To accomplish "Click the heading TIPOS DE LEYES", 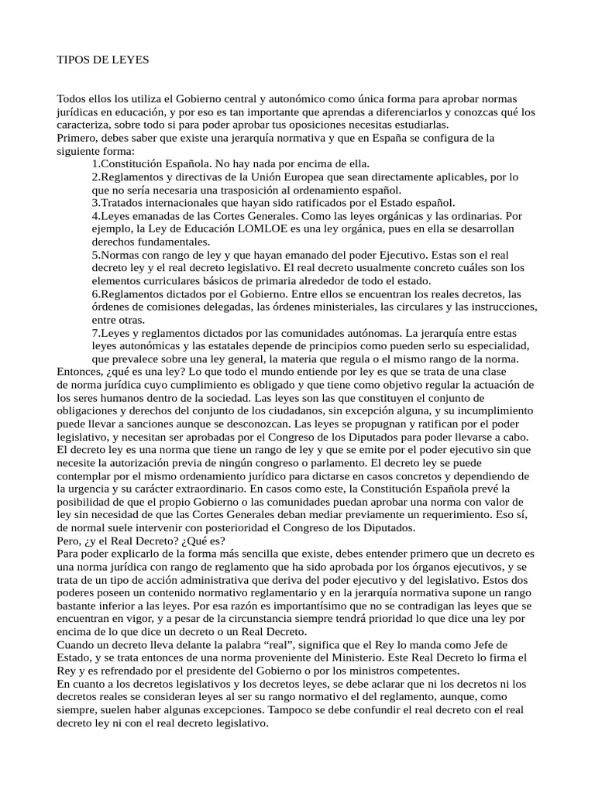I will coord(103,59).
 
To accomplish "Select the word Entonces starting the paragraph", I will coord(83,372).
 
